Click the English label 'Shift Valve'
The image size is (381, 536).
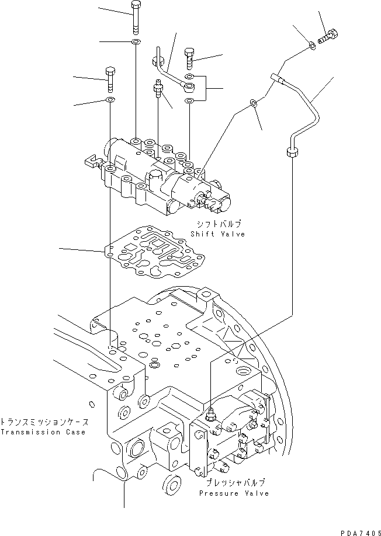(217, 234)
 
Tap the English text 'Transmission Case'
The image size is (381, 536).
(43, 432)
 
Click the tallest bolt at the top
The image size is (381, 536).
(136, 17)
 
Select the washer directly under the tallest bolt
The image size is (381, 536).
(136, 42)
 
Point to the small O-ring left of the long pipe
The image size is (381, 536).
(253, 103)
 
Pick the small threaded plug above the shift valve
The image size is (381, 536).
(157, 89)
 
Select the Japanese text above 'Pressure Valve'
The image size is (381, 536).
(235, 483)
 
